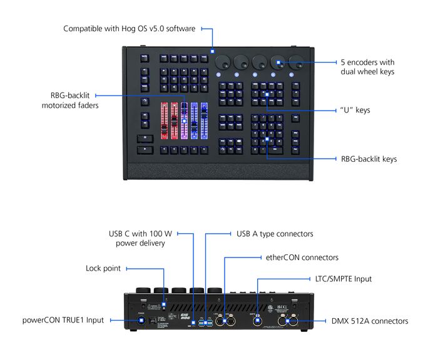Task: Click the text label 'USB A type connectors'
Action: [x=275, y=234]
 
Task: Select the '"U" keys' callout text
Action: [x=355, y=110]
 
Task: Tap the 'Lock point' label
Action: [x=103, y=268]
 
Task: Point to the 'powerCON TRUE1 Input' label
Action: [x=64, y=321]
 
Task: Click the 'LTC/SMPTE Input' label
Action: [x=343, y=279]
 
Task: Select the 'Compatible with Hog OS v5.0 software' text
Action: [x=130, y=29]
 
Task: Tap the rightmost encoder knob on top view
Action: [x=296, y=62]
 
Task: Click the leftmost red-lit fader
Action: [x=165, y=119]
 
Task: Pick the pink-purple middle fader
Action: [x=184, y=119]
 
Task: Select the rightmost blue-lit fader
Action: [x=203, y=119]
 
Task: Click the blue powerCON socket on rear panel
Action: [x=141, y=321]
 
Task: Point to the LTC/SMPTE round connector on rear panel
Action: [x=257, y=321]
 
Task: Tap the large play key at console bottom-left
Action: [x=145, y=149]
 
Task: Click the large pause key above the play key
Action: [x=145, y=137]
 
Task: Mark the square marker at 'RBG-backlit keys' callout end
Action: [x=267, y=139]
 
